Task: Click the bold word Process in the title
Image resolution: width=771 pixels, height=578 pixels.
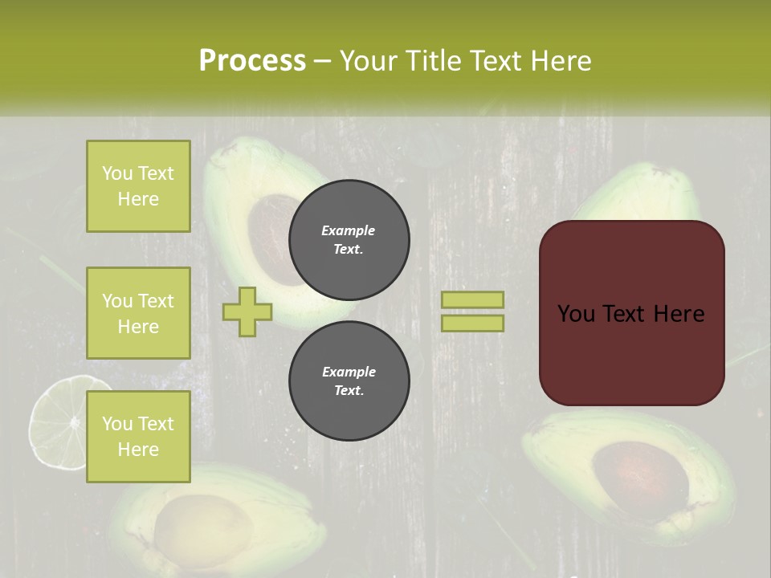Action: click(252, 61)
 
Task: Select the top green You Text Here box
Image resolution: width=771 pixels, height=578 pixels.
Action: click(138, 186)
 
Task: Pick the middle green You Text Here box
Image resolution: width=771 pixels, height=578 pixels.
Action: click(138, 313)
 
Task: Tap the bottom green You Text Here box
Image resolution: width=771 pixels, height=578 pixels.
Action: click(138, 436)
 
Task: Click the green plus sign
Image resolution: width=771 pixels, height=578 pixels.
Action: click(247, 311)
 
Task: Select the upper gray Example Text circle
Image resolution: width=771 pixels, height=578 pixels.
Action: click(349, 240)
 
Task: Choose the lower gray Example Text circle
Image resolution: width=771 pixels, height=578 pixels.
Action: click(349, 381)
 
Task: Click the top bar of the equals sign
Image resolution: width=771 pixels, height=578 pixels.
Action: click(473, 299)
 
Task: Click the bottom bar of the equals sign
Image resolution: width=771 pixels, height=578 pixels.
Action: click(473, 323)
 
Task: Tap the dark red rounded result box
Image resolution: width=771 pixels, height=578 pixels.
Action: click(631, 313)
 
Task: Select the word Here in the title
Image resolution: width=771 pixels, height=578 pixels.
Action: click(562, 61)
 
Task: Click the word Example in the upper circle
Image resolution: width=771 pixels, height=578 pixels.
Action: click(349, 230)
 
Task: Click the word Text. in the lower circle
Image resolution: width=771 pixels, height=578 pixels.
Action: click(349, 391)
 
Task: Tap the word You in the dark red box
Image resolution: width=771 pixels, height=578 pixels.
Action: click(577, 313)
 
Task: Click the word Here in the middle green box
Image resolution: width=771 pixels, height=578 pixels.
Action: click(138, 327)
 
